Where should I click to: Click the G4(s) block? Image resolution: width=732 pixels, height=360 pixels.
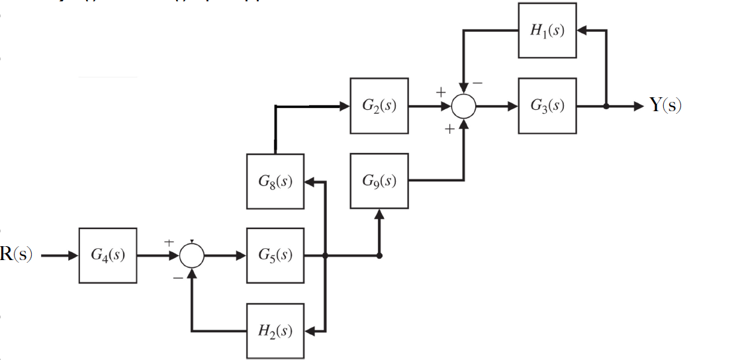108,255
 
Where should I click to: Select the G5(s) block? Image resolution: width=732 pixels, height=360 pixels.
275,255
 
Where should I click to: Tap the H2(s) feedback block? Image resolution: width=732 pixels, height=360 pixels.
275,331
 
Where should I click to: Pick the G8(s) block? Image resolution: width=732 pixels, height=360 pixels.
275,181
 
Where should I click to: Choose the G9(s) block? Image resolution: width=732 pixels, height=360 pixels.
379,181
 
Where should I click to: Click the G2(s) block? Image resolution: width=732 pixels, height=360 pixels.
379,106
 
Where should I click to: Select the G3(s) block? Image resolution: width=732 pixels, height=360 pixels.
547,106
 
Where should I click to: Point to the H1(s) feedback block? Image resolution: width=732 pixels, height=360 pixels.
547,30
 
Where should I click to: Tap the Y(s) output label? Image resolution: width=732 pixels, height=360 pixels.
664,106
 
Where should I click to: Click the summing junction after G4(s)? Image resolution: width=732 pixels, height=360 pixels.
192,256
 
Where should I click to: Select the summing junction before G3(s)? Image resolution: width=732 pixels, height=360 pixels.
463,106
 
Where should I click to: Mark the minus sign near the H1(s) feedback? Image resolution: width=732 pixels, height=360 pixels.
478,84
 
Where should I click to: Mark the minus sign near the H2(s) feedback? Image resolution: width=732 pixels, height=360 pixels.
177,279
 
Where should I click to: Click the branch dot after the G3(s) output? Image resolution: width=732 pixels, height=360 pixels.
605,106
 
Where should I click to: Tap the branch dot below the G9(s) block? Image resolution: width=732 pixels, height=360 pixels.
379,256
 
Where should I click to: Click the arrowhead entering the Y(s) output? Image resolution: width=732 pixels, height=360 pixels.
637,106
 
